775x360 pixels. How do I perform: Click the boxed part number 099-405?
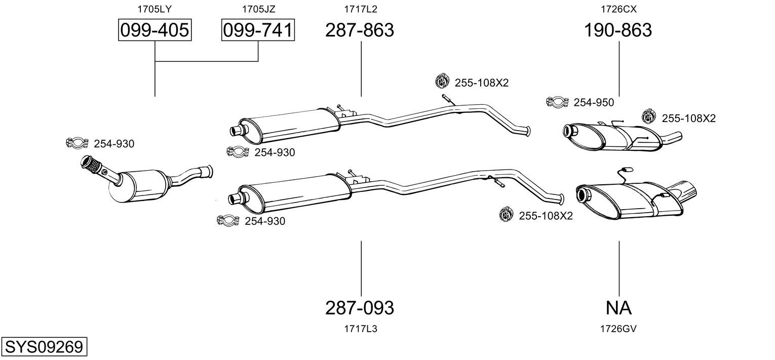(x=154, y=30)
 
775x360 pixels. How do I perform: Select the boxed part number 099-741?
(x=258, y=30)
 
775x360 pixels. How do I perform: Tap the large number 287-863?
(x=360, y=30)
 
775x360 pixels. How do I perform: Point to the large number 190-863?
(x=618, y=30)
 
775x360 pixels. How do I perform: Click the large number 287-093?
(x=360, y=308)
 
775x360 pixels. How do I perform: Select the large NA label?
(x=618, y=308)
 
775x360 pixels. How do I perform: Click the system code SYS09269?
(x=44, y=346)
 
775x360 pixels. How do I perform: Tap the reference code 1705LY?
(x=154, y=9)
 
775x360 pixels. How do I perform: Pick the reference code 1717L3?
(x=361, y=329)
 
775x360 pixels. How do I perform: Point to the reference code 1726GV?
(x=618, y=329)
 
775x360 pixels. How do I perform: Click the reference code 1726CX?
(x=618, y=9)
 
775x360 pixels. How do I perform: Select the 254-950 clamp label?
(x=594, y=103)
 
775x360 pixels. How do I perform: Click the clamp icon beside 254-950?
(x=557, y=102)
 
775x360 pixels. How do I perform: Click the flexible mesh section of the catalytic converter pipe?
(x=93, y=166)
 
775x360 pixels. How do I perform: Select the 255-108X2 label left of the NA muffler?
(x=546, y=216)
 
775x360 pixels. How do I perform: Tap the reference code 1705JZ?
(x=258, y=9)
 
